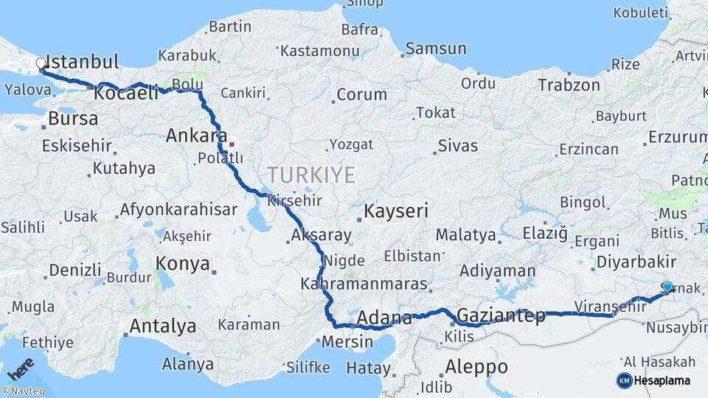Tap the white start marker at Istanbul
(41, 64)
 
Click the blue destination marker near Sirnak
(667, 287)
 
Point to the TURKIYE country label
(310, 175)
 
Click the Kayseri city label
(396, 212)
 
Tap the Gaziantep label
(501, 316)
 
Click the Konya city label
(183, 264)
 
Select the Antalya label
(163, 326)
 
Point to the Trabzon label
(569, 85)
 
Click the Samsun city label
(436, 49)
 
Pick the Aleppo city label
(476, 366)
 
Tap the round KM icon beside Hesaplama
(624, 380)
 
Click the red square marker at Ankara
(232, 144)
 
